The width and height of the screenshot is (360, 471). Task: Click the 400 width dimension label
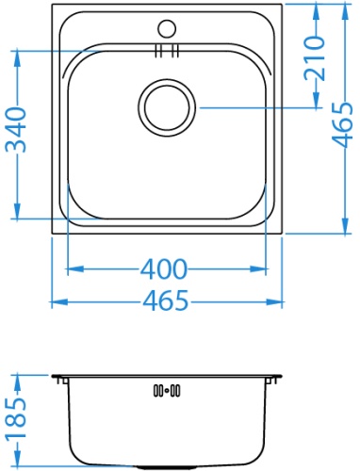point(164,270)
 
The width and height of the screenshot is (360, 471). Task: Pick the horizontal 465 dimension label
point(165,301)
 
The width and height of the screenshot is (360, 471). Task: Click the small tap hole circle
point(168,28)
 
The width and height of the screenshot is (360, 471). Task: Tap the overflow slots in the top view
point(166,51)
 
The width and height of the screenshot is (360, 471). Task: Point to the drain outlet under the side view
point(166,466)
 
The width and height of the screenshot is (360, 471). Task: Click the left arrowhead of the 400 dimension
point(72,270)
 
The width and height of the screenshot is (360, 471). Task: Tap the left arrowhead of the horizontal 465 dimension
point(54,301)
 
